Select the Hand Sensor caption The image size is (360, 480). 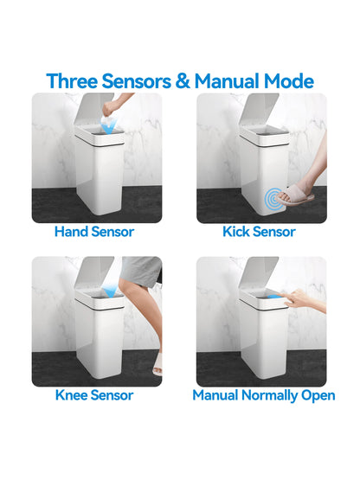pos(93,232)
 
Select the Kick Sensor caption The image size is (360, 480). pos(259,232)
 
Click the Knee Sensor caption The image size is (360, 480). pos(93,395)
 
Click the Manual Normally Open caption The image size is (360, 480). pos(263,395)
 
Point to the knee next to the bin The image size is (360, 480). pos(130,292)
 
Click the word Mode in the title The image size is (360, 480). pos(286,80)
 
